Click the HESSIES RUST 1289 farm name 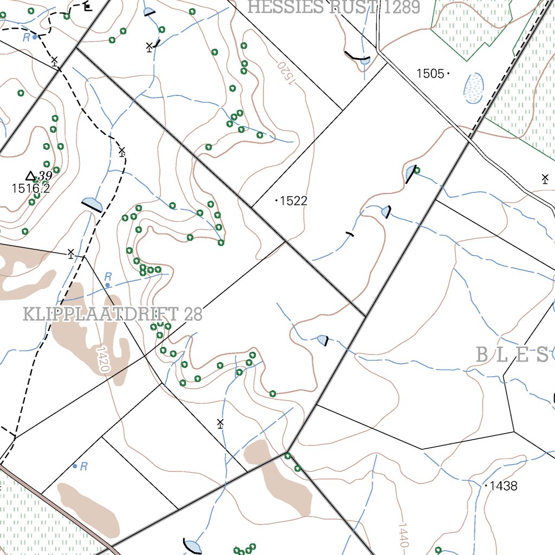(x=334, y=7)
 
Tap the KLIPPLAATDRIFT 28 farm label (x=113, y=314)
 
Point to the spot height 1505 (x=430, y=74)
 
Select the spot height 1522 (x=293, y=201)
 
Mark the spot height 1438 (x=502, y=486)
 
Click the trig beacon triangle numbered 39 (x=31, y=176)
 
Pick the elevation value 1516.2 (x=30, y=189)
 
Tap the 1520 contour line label (x=287, y=73)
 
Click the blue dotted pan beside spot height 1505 (x=474, y=88)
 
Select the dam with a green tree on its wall (x=411, y=173)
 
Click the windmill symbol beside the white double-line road (x=545, y=178)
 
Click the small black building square (x=88, y=7)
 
